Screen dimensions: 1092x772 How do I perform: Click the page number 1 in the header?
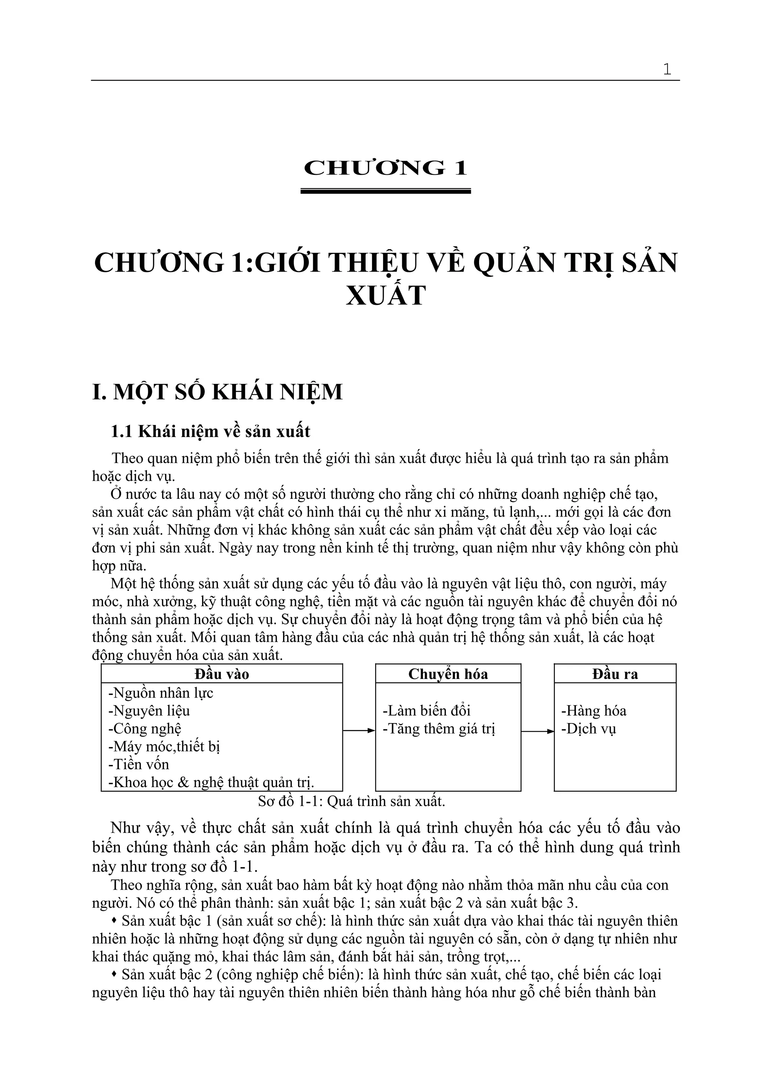tap(667, 69)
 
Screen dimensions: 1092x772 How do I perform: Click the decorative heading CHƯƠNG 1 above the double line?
tap(385, 168)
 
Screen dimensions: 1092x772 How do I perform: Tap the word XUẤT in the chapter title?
tap(385, 295)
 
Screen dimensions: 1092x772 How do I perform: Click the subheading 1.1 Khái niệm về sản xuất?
tap(210, 431)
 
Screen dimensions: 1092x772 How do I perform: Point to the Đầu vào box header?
tap(222, 674)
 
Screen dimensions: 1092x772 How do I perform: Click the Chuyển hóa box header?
tap(448, 674)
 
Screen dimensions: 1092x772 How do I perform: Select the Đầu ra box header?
tap(615, 674)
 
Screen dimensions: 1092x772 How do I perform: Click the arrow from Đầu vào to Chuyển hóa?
tap(359, 731)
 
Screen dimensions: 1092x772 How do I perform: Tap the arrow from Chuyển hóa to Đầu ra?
tap(538, 731)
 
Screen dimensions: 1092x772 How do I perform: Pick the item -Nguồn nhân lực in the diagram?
tap(161, 693)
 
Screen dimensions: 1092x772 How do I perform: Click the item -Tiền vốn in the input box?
tap(139, 764)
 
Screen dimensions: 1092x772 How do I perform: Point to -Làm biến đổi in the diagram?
tap(427, 711)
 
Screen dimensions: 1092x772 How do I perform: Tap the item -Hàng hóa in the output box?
tap(594, 711)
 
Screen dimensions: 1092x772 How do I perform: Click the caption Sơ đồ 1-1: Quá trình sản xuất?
tap(352, 801)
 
